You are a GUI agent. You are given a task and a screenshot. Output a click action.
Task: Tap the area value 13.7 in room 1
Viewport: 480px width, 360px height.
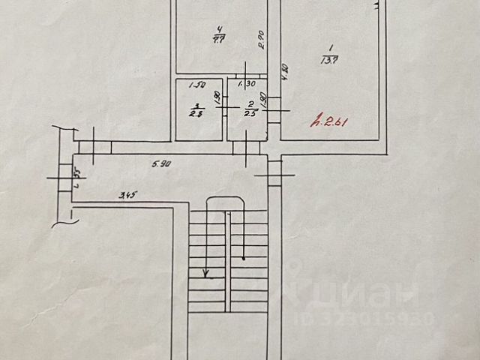[x=327, y=58]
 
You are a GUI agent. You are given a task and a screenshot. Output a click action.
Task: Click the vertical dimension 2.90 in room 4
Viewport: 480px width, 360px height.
[x=260, y=40]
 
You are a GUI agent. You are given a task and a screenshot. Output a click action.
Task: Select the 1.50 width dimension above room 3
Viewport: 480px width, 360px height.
[x=197, y=85]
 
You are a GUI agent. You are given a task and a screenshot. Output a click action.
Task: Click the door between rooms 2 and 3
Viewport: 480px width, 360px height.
[x=225, y=107]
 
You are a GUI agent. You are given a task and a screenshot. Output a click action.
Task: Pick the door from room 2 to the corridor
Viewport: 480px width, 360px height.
[x=245, y=147]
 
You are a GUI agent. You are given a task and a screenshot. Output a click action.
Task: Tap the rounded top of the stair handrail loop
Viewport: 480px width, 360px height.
[x=225, y=196]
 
